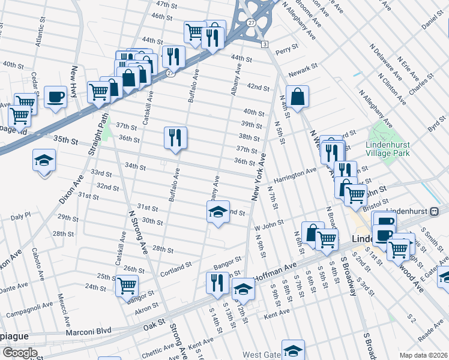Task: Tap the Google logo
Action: coord(19,353)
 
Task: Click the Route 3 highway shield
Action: coord(264,44)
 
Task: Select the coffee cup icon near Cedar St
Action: coord(55,97)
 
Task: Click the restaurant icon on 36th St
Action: coord(175,138)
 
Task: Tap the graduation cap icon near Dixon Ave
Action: coord(44,161)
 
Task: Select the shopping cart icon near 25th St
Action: coord(127,285)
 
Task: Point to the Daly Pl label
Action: coord(20,214)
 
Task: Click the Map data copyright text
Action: coord(423,355)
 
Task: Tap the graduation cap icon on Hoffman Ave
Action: coord(243,289)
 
